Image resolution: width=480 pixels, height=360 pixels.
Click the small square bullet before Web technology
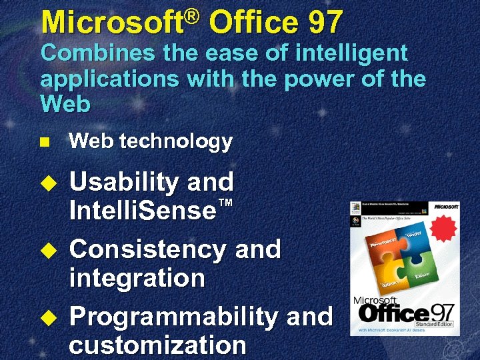pyautogui.click(x=45, y=142)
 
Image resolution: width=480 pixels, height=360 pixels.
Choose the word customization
pyautogui.click(x=157, y=345)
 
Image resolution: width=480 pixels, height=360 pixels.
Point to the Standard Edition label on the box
pyautogui.click(x=437, y=323)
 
